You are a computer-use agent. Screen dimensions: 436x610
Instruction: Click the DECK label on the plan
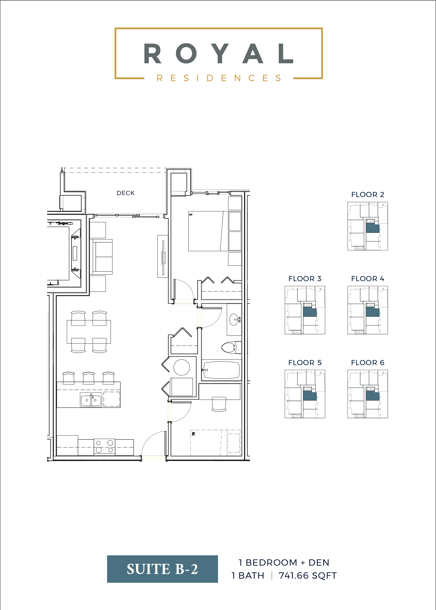125,193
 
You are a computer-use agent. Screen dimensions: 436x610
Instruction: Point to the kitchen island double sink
91,400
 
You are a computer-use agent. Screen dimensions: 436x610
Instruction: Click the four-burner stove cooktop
104,447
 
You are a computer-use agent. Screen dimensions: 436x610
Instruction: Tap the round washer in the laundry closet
182,367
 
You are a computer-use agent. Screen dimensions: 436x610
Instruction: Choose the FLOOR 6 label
368,363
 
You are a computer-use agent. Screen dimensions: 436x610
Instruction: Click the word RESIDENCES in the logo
219,78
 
